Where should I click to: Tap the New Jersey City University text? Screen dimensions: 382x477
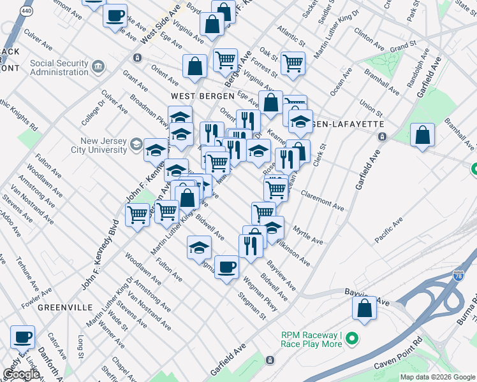click(x=103, y=145)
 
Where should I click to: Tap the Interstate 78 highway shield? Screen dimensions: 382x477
click(x=458, y=276)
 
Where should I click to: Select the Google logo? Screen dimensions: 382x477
click(x=22, y=374)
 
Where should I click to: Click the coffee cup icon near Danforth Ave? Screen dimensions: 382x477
click(x=23, y=336)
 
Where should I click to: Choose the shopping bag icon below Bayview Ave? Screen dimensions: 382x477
click(x=363, y=308)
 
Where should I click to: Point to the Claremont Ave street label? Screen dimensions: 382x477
click(x=322, y=201)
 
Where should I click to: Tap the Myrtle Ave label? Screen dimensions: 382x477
click(x=307, y=236)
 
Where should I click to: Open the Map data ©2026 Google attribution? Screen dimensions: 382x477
click(x=437, y=377)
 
